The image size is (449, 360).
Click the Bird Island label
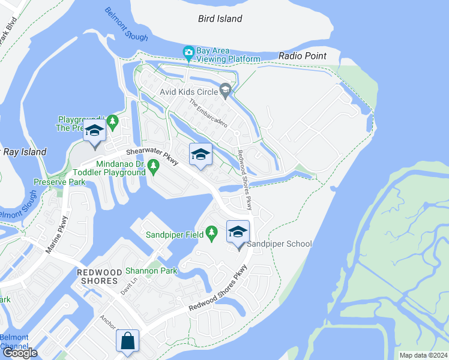coord(220,19)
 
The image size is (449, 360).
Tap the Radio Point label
coord(303,56)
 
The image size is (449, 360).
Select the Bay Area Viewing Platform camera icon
coord(188,53)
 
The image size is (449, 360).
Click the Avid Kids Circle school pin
coord(226,91)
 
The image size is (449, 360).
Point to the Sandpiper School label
coord(280,244)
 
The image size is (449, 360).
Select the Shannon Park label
coord(151,271)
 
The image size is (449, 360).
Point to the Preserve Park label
coord(59,181)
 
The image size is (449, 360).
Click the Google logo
coord(20,352)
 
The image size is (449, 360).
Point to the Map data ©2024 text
coord(423,355)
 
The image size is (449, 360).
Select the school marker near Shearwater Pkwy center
coord(201,155)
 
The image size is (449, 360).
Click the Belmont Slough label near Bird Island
coord(126,25)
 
